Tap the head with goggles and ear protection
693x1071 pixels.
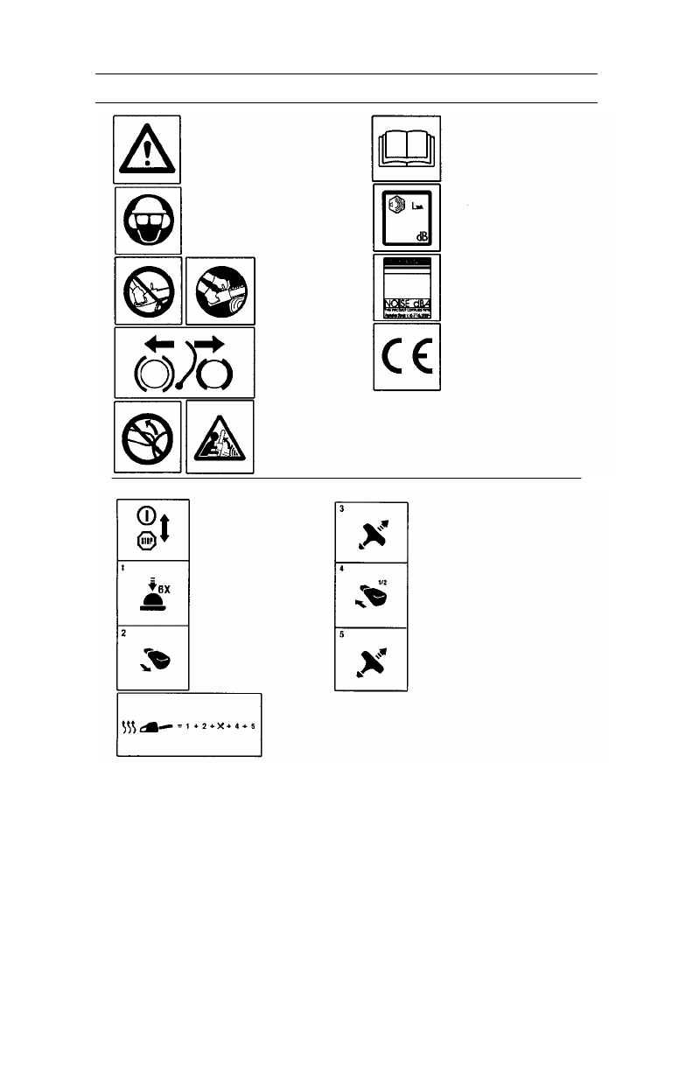point(147,219)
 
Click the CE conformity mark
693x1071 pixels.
point(407,357)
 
